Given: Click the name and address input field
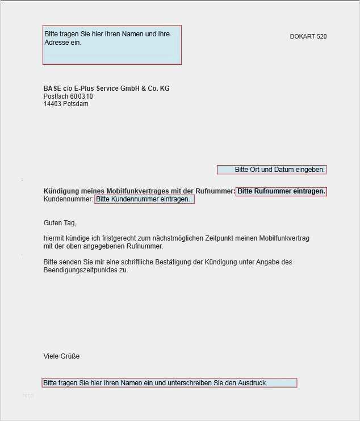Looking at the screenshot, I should tap(112, 45).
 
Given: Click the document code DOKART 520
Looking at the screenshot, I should tap(308, 37).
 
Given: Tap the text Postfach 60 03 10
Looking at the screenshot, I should tap(68, 96).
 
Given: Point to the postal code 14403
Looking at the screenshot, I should tap(52, 104).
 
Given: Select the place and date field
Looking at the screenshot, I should tap(271, 170).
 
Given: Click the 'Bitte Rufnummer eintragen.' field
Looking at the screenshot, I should tap(281, 191).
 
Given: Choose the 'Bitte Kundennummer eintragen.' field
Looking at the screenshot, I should tap(144, 199).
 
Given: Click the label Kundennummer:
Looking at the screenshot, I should tap(68, 199).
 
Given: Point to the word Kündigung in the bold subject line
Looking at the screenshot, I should tap(61, 191).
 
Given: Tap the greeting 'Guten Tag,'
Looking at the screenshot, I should tap(60, 223).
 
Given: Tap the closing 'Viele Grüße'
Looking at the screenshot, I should tap(61, 356).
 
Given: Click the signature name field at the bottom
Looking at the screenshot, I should tap(169, 383).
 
